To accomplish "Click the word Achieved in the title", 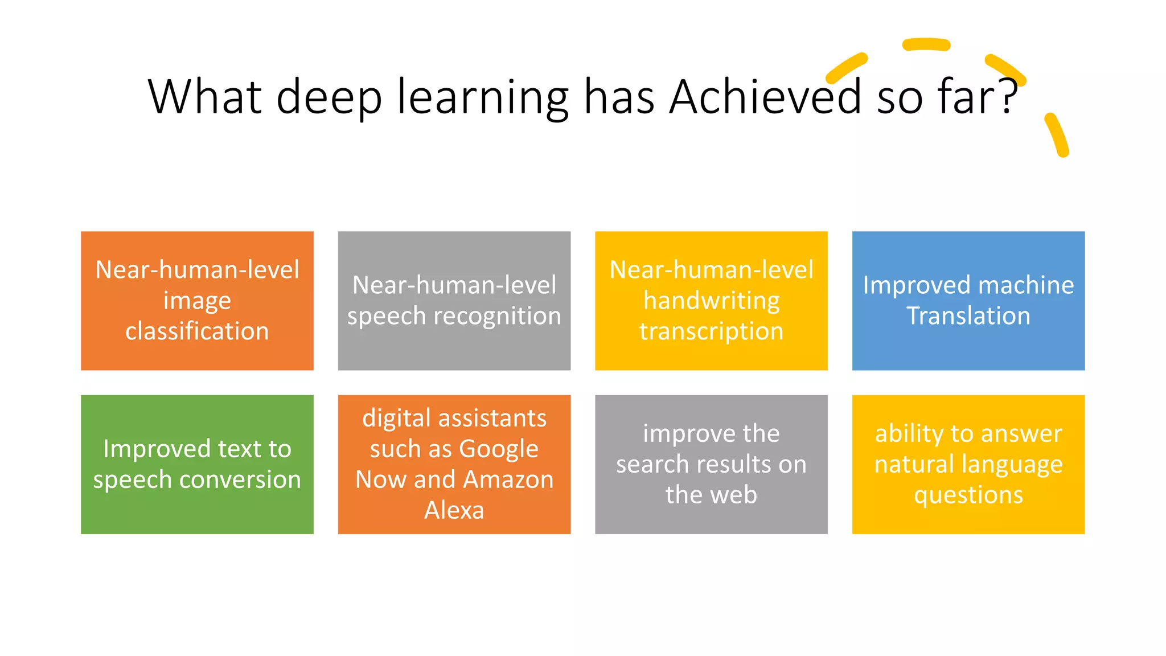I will (x=766, y=97).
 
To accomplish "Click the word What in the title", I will (x=205, y=97).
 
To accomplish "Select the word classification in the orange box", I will (x=197, y=331).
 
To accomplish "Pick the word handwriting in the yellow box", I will (x=711, y=301).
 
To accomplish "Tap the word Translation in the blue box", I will (x=968, y=316).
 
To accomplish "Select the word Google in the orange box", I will (x=498, y=449).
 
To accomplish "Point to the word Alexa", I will (x=454, y=510).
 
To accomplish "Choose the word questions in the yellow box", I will (x=968, y=495).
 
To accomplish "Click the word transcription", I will (x=711, y=331).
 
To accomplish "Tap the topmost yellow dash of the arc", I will (x=926, y=44).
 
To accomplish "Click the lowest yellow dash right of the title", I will (x=1057, y=135).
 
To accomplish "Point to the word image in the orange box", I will (x=197, y=301).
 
